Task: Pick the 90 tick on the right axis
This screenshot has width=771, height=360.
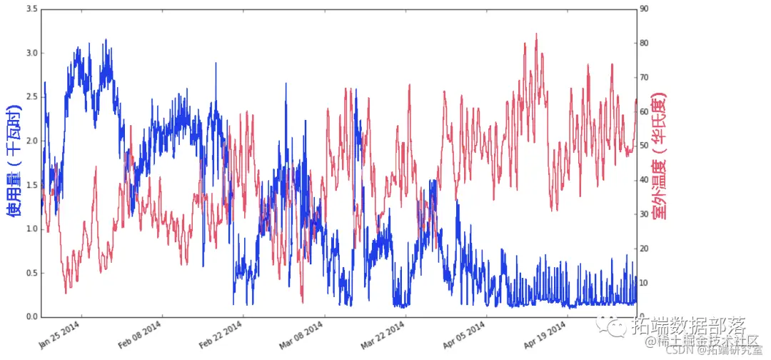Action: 644,9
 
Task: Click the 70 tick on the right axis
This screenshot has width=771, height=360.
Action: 644,77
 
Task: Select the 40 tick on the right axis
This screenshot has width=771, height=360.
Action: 644,180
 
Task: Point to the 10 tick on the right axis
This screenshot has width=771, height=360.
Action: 644,283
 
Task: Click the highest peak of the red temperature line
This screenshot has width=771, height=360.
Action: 536,34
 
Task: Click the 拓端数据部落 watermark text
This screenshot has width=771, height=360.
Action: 689,327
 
